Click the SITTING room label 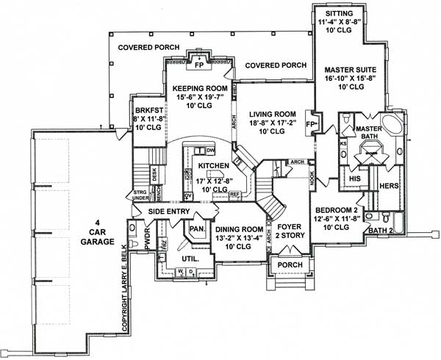(x=338, y=13)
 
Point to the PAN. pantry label (x=197, y=228)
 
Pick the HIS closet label (x=354, y=179)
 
